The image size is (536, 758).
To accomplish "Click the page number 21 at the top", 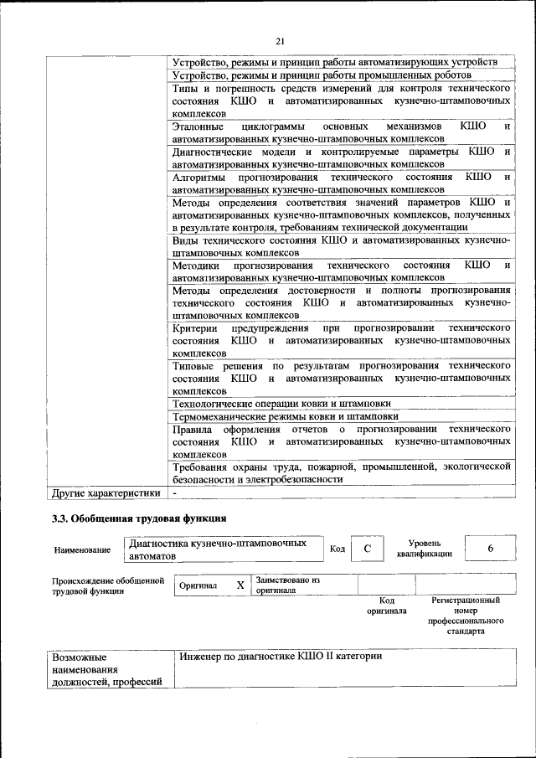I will tap(281, 41).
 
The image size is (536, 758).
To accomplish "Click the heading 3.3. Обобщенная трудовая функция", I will tap(139, 520).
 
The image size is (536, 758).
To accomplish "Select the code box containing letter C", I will tap(366, 549).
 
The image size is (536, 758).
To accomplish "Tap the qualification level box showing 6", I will tap(490, 548).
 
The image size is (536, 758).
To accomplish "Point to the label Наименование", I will tap(82, 549).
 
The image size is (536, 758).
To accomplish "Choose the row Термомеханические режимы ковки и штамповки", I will tap(285, 416).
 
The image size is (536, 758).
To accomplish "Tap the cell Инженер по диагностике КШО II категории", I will tap(280, 655).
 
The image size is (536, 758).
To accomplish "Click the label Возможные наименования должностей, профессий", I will tap(106, 669).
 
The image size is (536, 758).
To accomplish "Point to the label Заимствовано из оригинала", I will tap(288, 584).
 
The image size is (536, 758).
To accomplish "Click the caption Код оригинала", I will tap(386, 606).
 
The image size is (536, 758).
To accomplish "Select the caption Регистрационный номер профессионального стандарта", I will tap(466, 616).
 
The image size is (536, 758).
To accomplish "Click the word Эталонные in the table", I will tap(197, 126).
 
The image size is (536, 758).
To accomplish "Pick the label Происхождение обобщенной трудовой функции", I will tap(107, 585).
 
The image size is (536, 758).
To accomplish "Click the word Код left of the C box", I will tap(337, 549).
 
